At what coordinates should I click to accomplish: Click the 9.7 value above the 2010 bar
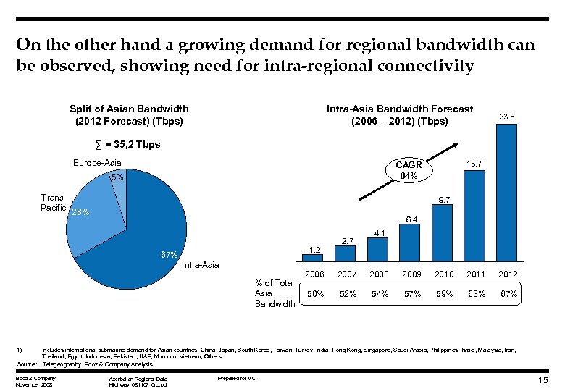coord(444,199)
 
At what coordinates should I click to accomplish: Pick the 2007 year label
coord(347,274)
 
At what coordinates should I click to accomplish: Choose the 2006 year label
coord(315,274)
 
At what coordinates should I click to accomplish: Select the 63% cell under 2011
coord(475,294)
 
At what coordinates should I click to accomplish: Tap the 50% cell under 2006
coord(315,294)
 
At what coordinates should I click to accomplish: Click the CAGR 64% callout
coord(408,171)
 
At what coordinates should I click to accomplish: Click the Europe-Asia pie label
coord(97,163)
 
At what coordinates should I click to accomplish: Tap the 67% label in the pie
coord(169,256)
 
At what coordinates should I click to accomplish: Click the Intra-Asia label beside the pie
coord(200,265)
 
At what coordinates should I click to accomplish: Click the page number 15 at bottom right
coord(543,381)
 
